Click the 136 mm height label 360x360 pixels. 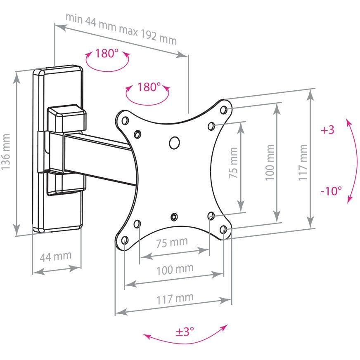click(6, 151)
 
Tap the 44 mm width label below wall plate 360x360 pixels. click(56, 256)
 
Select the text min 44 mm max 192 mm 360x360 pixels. click(121, 29)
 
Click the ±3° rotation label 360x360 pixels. click(185, 331)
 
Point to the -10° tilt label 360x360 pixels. click(331, 191)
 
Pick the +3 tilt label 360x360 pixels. click(327, 130)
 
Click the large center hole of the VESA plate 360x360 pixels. click(174, 143)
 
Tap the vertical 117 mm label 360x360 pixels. click(303, 162)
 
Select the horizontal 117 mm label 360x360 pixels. click(175, 299)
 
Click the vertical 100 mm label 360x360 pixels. click(270, 162)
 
